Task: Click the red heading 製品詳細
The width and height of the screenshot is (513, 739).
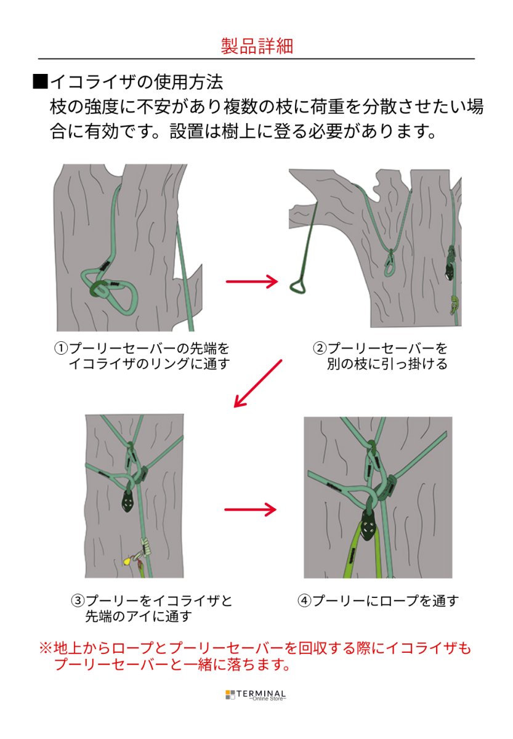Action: click(x=256, y=46)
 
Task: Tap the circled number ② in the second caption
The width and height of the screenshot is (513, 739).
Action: click(x=320, y=348)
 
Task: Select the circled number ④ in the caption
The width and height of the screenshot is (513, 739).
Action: click(x=304, y=600)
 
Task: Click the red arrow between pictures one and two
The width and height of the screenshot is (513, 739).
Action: click(x=252, y=281)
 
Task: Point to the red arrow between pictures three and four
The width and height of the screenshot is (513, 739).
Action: click(x=250, y=509)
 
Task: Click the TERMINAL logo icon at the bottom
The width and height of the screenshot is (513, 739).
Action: click(x=230, y=695)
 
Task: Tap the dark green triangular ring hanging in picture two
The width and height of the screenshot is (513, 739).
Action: click(x=298, y=286)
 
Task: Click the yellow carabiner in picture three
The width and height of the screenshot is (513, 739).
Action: click(x=127, y=561)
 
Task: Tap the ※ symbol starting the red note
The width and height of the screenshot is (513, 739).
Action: click(x=46, y=648)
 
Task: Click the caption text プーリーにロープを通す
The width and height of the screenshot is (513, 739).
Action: click(x=386, y=600)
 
